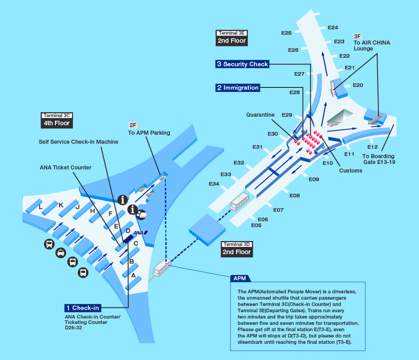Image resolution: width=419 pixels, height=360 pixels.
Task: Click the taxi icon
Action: point(60,254)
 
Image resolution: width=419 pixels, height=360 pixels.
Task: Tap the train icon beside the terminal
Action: point(49,244)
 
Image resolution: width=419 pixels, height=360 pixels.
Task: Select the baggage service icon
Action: point(141,214)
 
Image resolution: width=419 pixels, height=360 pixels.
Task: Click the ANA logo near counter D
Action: point(141,232)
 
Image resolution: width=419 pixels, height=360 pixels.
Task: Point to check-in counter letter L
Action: point(41,207)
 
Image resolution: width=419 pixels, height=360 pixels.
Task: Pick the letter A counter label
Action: point(133,275)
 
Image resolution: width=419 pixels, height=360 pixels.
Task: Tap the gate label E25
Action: point(287,33)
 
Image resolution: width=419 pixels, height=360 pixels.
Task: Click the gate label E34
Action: point(214,184)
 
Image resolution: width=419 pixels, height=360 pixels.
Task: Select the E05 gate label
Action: point(256,225)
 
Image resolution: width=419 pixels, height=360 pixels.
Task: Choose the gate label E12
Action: point(373,147)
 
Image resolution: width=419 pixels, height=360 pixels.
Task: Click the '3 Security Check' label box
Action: point(242,64)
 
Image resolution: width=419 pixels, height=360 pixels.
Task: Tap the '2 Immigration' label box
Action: point(238,88)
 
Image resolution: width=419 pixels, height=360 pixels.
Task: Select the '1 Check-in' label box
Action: point(83,308)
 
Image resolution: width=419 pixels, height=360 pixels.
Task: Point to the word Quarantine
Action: point(260,115)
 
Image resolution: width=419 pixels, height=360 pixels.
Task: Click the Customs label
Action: point(351,170)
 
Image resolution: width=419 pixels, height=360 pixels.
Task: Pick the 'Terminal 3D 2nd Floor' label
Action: point(237,249)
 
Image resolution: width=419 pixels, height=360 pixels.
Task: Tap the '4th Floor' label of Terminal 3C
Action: point(56,123)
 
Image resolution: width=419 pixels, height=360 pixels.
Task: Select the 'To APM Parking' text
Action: point(149,132)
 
